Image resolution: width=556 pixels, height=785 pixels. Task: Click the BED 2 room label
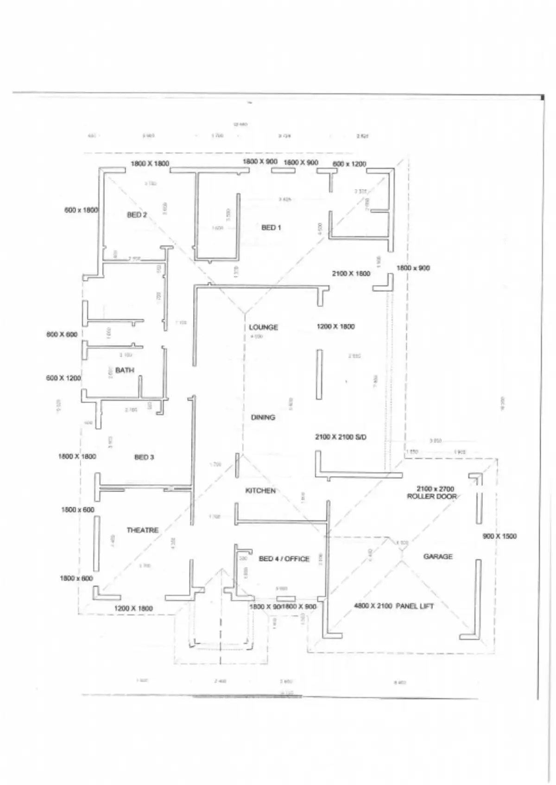(x=137, y=215)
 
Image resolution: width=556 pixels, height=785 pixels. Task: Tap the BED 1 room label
(x=271, y=228)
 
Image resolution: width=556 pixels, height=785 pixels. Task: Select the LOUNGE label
(x=263, y=327)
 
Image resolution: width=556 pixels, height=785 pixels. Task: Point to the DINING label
(x=263, y=418)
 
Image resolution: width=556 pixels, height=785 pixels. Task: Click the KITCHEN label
(x=260, y=491)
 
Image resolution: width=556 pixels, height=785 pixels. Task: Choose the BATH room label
(x=125, y=370)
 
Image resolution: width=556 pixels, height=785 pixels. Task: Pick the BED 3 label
(x=144, y=457)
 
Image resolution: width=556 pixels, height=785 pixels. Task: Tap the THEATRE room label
(x=142, y=530)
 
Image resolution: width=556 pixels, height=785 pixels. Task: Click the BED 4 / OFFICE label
(x=284, y=559)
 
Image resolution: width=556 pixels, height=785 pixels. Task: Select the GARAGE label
(x=438, y=557)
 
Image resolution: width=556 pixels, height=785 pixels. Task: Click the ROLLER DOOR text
(x=432, y=497)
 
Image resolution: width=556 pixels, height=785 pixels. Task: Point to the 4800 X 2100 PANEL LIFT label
(x=394, y=606)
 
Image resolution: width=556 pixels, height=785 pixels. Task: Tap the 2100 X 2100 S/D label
(x=341, y=437)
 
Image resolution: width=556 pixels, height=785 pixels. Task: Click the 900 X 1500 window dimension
(x=499, y=536)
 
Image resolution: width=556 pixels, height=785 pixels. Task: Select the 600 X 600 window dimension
(x=62, y=335)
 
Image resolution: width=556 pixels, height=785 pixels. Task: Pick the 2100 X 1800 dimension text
(x=351, y=274)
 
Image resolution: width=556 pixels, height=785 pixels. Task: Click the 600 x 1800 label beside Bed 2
(x=81, y=210)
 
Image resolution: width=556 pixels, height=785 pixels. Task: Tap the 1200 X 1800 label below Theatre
(x=133, y=608)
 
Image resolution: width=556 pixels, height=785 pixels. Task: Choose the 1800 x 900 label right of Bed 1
(x=413, y=268)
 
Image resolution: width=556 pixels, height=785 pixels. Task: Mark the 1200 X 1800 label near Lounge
(x=335, y=327)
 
